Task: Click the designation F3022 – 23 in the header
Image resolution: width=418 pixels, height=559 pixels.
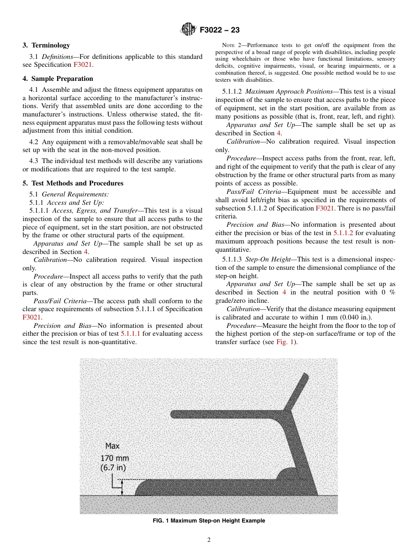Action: [220, 30]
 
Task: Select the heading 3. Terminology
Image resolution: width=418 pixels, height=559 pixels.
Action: [46, 45]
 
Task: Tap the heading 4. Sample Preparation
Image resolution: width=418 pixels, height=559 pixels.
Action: [58, 79]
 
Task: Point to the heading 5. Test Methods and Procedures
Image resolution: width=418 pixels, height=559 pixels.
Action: [73, 183]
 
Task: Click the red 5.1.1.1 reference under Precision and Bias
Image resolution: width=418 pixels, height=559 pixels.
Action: [130, 334]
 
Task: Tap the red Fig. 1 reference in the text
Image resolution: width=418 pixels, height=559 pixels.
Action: [286, 342]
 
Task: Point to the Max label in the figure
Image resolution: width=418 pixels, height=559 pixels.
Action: [112, 446]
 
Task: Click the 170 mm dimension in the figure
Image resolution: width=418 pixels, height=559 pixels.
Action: [115, 458]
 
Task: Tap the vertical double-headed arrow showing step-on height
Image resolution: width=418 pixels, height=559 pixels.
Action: [123, 487]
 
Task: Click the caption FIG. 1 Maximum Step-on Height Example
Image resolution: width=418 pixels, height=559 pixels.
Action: [209, 521]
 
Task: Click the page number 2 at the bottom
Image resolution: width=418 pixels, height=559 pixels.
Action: [209, 540]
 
